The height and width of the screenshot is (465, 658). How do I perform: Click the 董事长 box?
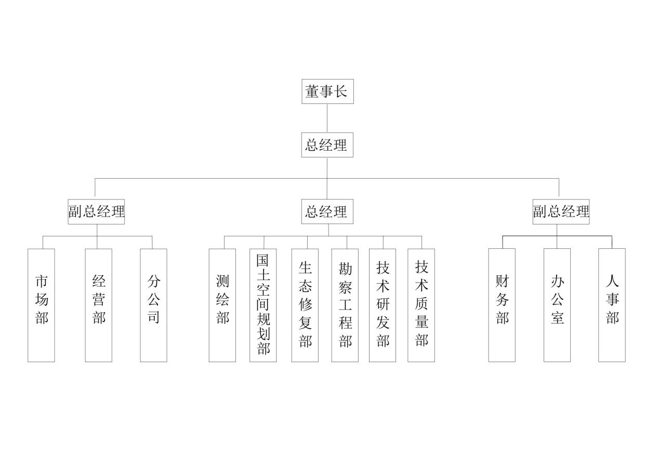tap(327, 91)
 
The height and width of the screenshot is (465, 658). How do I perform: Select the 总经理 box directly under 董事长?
tap(327, 145)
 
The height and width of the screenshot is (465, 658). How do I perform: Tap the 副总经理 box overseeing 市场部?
tap(96, 211)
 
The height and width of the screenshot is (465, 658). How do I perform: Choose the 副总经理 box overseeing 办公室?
tap(561, 211)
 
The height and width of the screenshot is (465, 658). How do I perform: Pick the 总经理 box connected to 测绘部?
tap(327, 211)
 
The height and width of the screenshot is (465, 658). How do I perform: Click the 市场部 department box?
tap(41, 305)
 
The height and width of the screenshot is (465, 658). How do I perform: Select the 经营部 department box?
tap(99, 305)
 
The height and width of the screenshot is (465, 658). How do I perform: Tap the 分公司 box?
tap(153, 305)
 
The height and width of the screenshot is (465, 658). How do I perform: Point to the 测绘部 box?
tap(222, 305)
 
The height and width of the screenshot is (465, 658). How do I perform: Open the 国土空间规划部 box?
tap(263, 305)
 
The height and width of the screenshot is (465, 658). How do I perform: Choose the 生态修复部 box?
tap(305, 305)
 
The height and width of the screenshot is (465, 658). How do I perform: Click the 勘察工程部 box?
tap(345, 305)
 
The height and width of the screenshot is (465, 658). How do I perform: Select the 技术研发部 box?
tap(383, 305)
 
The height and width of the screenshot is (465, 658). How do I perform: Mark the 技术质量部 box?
tap(421, 305)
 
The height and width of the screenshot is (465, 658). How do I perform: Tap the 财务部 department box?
tap(502, 305)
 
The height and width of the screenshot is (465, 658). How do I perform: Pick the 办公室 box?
tap(557, 305)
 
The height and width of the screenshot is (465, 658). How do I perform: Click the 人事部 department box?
tap(612, 305)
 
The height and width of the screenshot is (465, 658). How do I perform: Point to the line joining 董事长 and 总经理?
tap(327, 118)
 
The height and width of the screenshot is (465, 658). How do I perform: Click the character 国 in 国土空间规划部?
tap(263, 260)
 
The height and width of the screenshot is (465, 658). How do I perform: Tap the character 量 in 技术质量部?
tap(422, 322)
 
